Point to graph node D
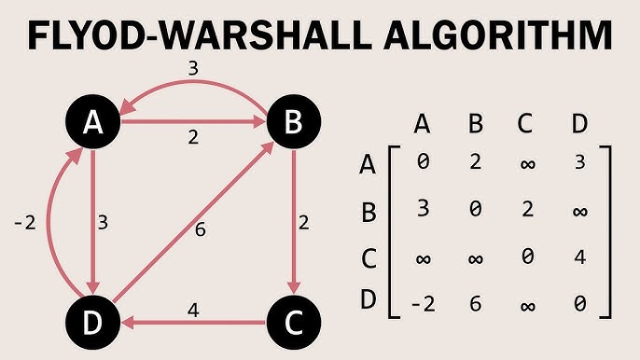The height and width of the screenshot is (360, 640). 94,324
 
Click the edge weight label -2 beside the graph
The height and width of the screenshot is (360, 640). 25,224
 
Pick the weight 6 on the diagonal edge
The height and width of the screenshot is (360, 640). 201,230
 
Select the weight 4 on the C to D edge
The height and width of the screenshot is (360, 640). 193,308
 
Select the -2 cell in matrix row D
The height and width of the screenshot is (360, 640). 423,303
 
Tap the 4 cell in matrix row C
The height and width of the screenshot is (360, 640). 581,256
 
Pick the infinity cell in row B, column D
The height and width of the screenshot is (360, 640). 581,210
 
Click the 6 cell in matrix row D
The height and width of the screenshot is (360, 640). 476,303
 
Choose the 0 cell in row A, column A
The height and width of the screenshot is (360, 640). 423,162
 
